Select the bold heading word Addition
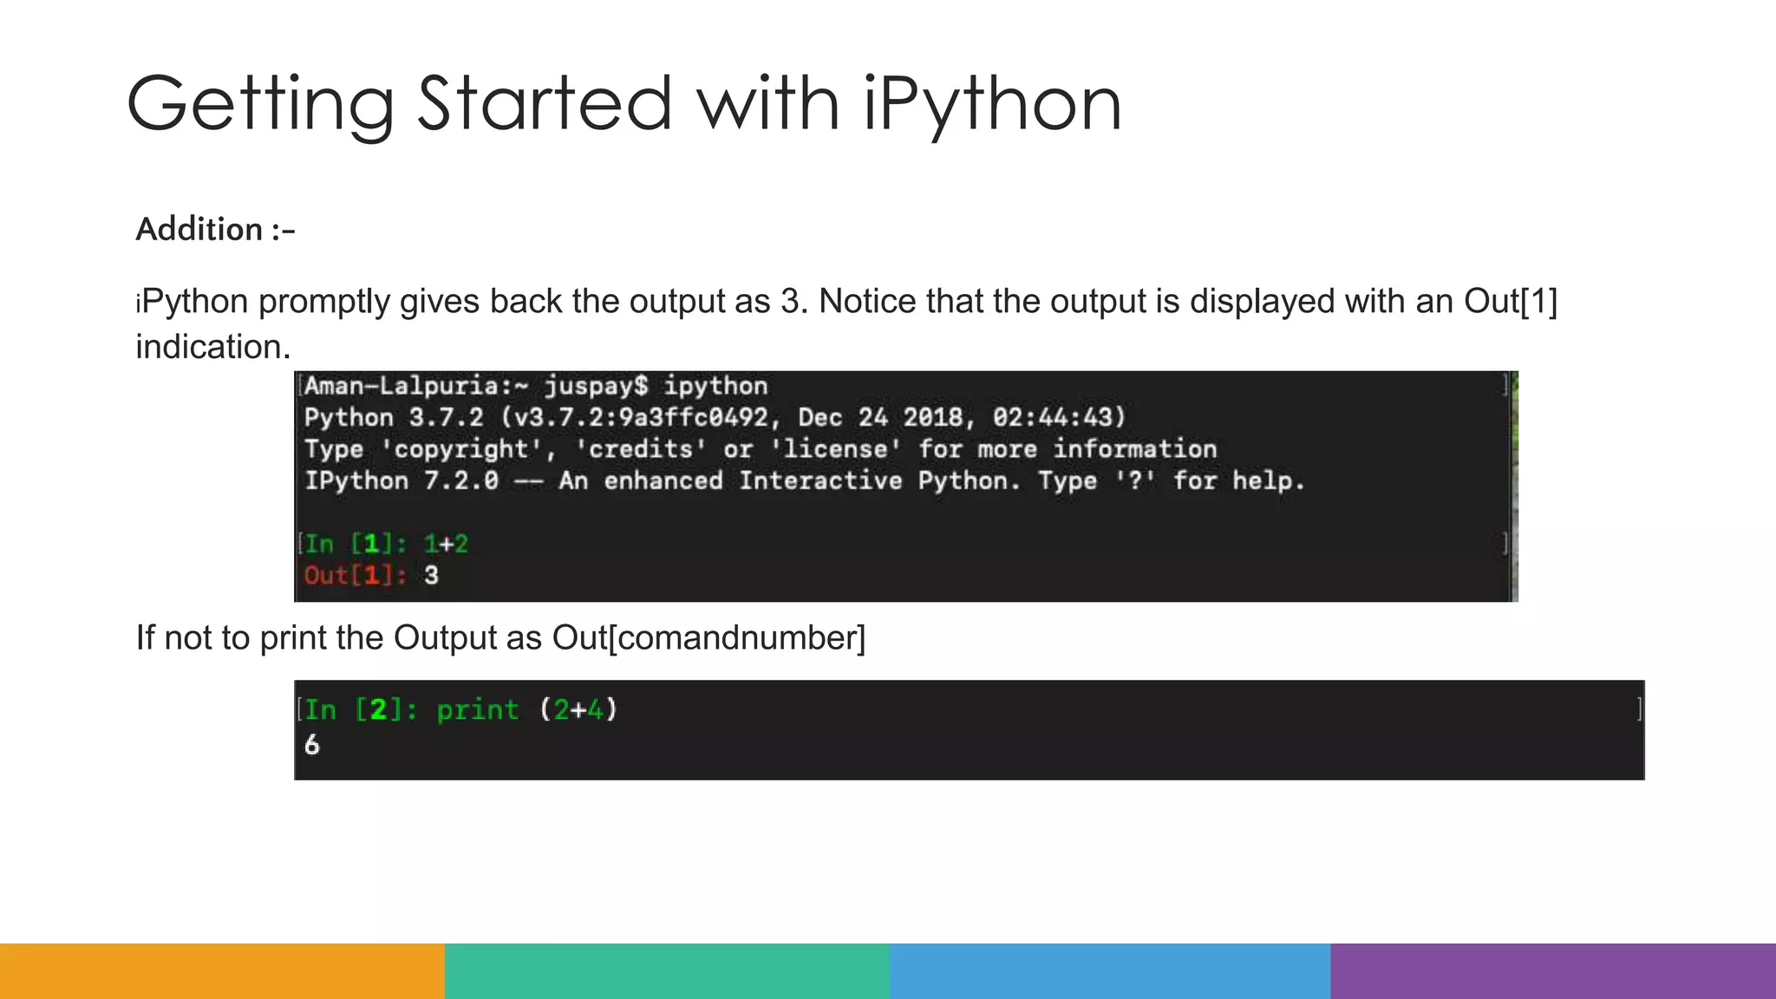click(199, 230)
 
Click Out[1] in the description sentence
click(1511, 302)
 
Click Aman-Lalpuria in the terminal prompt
click(402, 386)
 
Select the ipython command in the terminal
click(715, 386)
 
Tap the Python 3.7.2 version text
click(394, 418)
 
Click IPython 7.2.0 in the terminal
click(402, 481)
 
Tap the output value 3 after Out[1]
click(432, 576)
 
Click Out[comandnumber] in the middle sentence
click(708, 638)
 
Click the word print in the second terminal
click(477, 710)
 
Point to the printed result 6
click(312, 745)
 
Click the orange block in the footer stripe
click(222, 971)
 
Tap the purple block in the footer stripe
click(1553, 971)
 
